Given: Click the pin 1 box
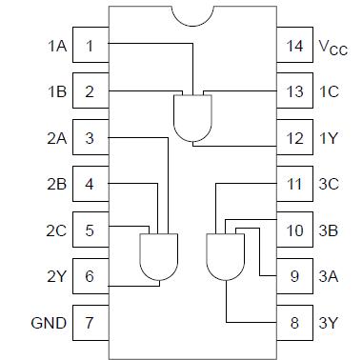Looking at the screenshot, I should (89, 46).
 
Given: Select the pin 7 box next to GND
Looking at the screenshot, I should (89, 323).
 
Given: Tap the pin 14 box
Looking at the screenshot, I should (296, 46).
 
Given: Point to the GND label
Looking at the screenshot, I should (49, 323).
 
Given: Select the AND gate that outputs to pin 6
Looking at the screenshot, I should (159, 256).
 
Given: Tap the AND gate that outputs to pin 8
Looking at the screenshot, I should (226, 256).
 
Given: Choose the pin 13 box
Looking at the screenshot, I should (296, 91).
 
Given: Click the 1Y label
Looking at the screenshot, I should (330, 138).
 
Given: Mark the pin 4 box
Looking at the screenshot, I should (89, 184).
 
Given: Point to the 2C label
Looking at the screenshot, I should (55, 230).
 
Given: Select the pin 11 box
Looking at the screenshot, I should (296, 184).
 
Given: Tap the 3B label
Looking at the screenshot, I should (330, 230).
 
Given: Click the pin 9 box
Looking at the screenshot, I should (296, 276).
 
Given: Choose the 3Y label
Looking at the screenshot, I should (330, 323).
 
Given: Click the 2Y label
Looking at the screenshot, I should (55, 276).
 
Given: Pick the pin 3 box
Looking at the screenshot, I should (89, 138).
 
